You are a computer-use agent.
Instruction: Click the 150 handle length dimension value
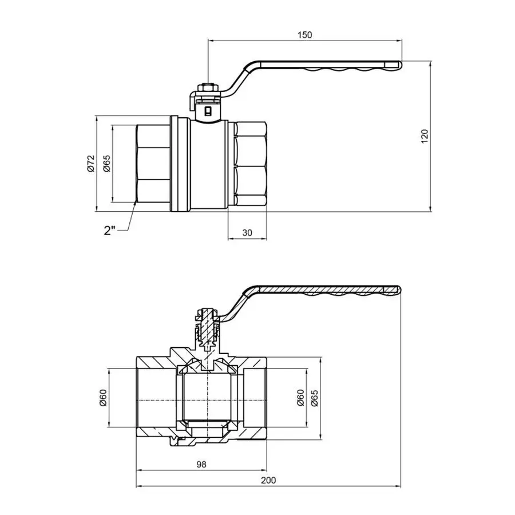coord(304,35)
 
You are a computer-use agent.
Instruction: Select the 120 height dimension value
coord(424,136)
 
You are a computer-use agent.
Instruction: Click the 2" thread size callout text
coord(110,231)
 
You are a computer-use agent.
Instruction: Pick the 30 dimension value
coord(247,232)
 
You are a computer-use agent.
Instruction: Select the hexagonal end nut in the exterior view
coord(250,165)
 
